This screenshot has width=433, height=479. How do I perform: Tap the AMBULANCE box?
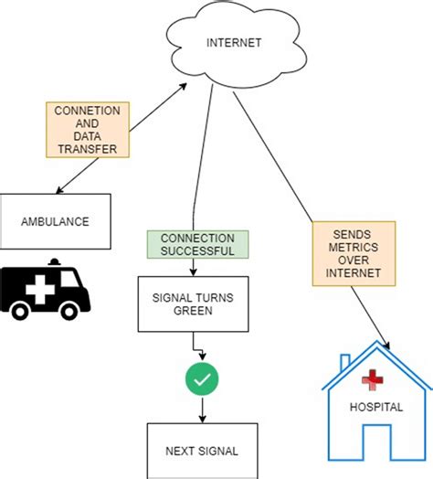tap(55, 219)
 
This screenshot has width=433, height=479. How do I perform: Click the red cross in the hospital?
tap(371, 380)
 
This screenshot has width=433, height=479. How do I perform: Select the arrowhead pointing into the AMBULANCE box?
tap(58, 190)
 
